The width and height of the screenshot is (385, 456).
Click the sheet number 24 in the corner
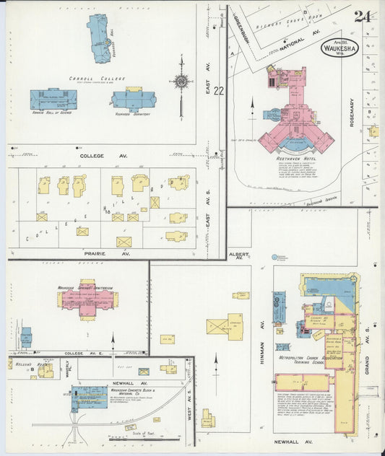[x=363, y=16]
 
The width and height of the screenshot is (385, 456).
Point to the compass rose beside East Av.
[x=181, y=82]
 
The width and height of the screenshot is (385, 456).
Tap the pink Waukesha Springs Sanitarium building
[x=87, y=299]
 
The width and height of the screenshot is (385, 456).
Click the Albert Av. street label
[x=238, y=256]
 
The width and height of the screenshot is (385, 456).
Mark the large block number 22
[x=219, y=91]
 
